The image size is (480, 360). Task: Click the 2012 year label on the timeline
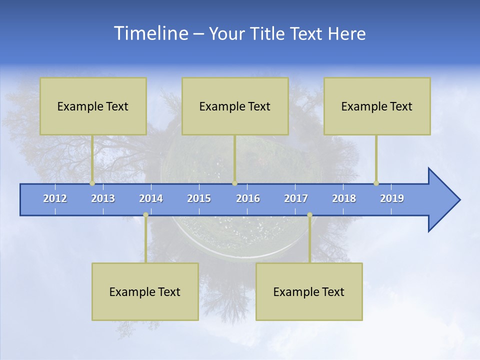[x=55, y=198]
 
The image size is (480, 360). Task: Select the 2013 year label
[x=103, y=198]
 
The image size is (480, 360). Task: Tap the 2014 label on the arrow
[x=151, y=198]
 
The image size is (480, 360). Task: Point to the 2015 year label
[x=199, y=198]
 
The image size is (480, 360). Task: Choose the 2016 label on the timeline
[x=248, y=198]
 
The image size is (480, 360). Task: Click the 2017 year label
[x=296, y=198]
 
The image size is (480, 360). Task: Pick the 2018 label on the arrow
[x=344, y=198]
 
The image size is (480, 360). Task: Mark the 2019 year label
[x=392, y=198]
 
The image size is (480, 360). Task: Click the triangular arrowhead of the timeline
[x=442, y=200]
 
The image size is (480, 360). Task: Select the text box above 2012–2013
[x=93, y=106]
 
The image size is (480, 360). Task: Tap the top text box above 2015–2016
[x=235, y=106]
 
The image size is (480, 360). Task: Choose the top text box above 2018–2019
[x=377, y=106]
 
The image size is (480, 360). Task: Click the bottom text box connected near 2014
[x=145, y=291]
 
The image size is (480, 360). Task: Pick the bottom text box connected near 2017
[x=309, y=291]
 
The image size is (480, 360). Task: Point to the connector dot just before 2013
[x=92, y=183]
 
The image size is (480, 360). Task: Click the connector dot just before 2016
[x=234, y=183]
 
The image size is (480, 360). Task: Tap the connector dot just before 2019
[x=376, y=183]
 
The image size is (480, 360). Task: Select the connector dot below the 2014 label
[x=145, y=215]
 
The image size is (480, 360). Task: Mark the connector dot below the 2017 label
[x=309, y=215]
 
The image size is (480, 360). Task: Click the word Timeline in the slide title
[x=150, y=33]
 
